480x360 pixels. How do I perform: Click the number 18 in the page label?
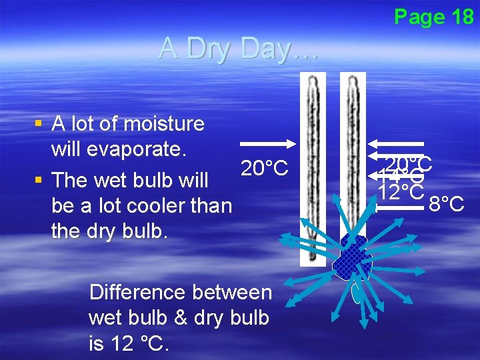pyautogui.click(x=461, y=17)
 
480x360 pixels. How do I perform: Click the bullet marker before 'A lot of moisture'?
pyautogui.click(x=39, y=123)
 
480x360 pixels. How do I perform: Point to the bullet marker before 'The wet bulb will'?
pyautogui.click(x=39, y=180)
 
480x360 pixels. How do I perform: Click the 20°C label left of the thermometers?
pyautogui.click(x=264, y=169)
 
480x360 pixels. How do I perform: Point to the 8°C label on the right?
pyautogui.click(x=446, y=203)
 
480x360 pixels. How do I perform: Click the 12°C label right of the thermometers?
pyautogui.click(x=401, y=192)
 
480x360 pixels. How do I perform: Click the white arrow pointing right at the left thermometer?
pyautogui.click(x=267, y=143)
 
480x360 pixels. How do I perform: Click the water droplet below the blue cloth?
pyautogui.click(x=357, y=293)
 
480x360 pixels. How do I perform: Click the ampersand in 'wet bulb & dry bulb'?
pyautogui.click(x=179, y=318)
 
